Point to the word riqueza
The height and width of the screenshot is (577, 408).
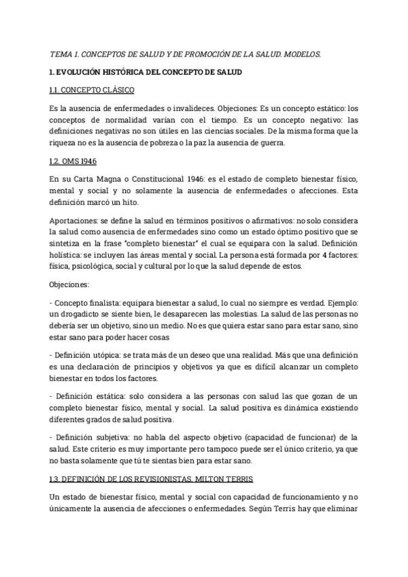pyautogui.click(x=65, y=142)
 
